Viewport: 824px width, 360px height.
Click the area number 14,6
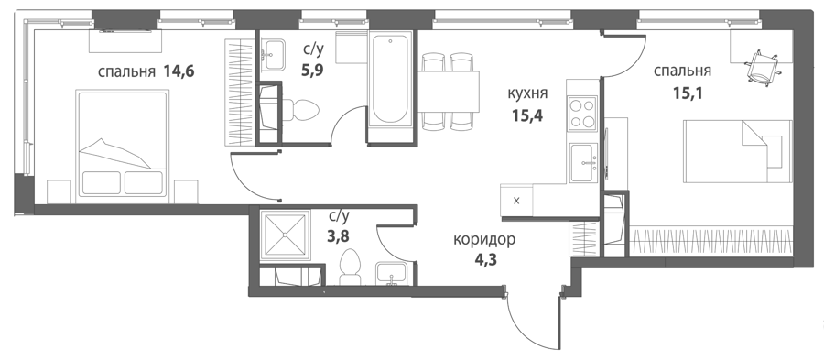(x=179, y=71)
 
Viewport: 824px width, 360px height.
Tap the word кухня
(x=527, y=93)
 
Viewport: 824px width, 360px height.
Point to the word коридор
(x=484, y=240)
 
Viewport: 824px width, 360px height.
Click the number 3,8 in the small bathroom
(x=339, y=236)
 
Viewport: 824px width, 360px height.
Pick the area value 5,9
(x=312, y=71)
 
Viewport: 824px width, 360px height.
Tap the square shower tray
(x=285, y=235)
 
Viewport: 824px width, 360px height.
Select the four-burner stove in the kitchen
(x=582, y=114)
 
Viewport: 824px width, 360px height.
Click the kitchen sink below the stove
(x=584, y=162)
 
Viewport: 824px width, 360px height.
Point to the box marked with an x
(x=516, y=200)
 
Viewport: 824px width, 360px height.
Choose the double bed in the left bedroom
(x=123, y=146)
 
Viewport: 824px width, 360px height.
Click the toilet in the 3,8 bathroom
(x=349, y=267)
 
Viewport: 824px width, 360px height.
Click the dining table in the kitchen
(x=449, y=92)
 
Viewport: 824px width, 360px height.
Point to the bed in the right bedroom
(x=738, y=151)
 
